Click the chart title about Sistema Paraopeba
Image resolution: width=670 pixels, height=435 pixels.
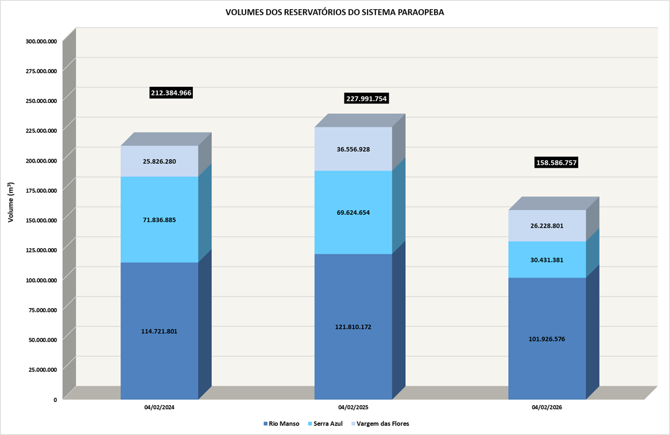coord(335,12)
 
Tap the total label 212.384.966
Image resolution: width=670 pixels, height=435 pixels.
coord(171,93)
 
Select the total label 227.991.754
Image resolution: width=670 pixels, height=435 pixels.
coord(366,98)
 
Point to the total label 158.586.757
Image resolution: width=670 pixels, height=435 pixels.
coord(556,163)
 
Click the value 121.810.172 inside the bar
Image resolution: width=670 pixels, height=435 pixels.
coord(353,327)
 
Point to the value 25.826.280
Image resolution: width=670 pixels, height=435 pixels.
coord(159,161)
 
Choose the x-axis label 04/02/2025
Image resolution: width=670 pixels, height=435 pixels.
coord(353,407)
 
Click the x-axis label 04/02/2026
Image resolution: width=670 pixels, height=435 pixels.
coord(547,407)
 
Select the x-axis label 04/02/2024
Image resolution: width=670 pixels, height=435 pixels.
coord(159,407)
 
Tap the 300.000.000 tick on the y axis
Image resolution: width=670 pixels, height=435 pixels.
coord(41,41)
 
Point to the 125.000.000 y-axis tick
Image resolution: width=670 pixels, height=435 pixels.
coord(41,250)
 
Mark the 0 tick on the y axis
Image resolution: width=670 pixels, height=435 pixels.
coord(55,399)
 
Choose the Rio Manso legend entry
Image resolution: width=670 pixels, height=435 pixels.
coord(281,424)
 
